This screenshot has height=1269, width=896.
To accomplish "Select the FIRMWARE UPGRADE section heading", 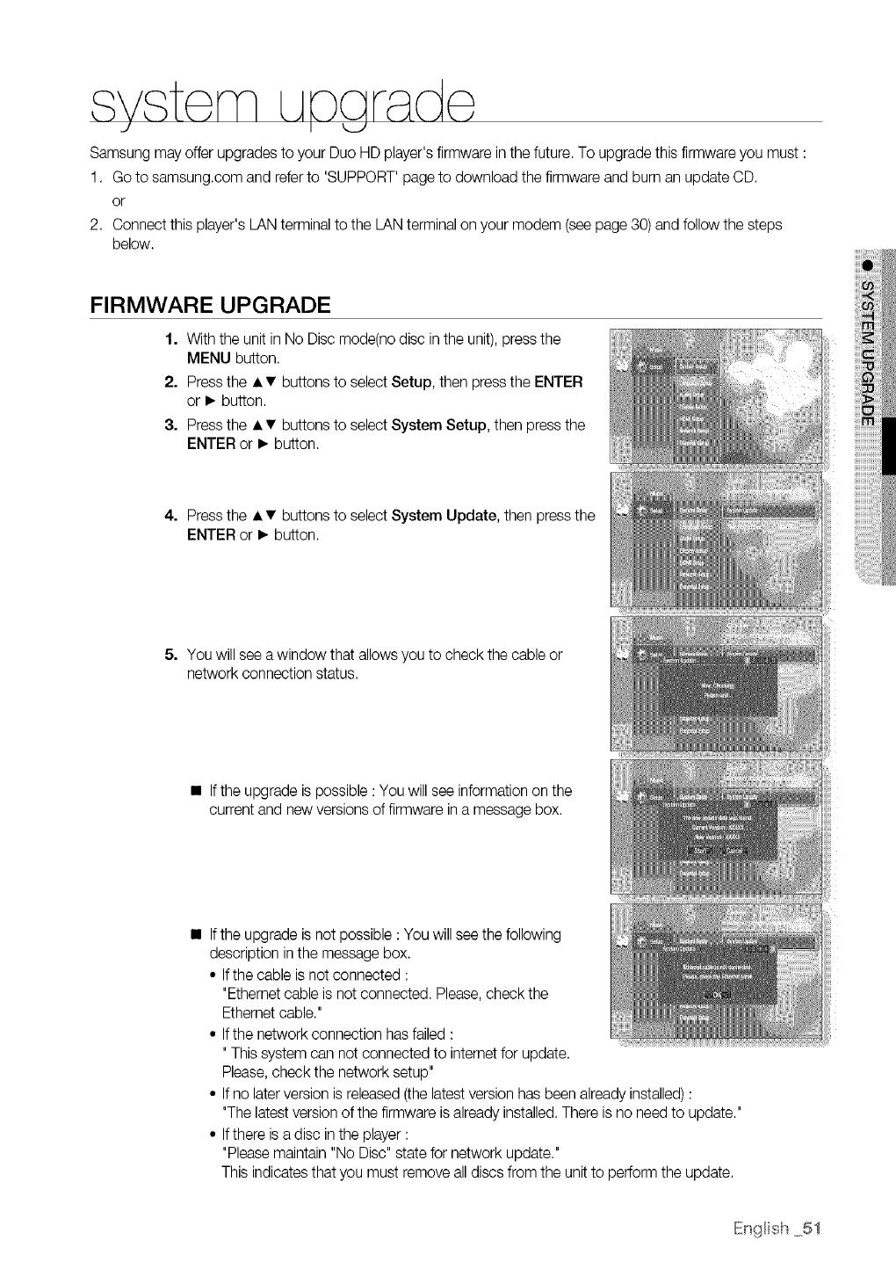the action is click(x=210, y=305).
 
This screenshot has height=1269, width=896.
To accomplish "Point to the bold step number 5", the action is click(x=171, y=655).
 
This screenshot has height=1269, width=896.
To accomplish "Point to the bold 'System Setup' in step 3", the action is click(x=439, y=425).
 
